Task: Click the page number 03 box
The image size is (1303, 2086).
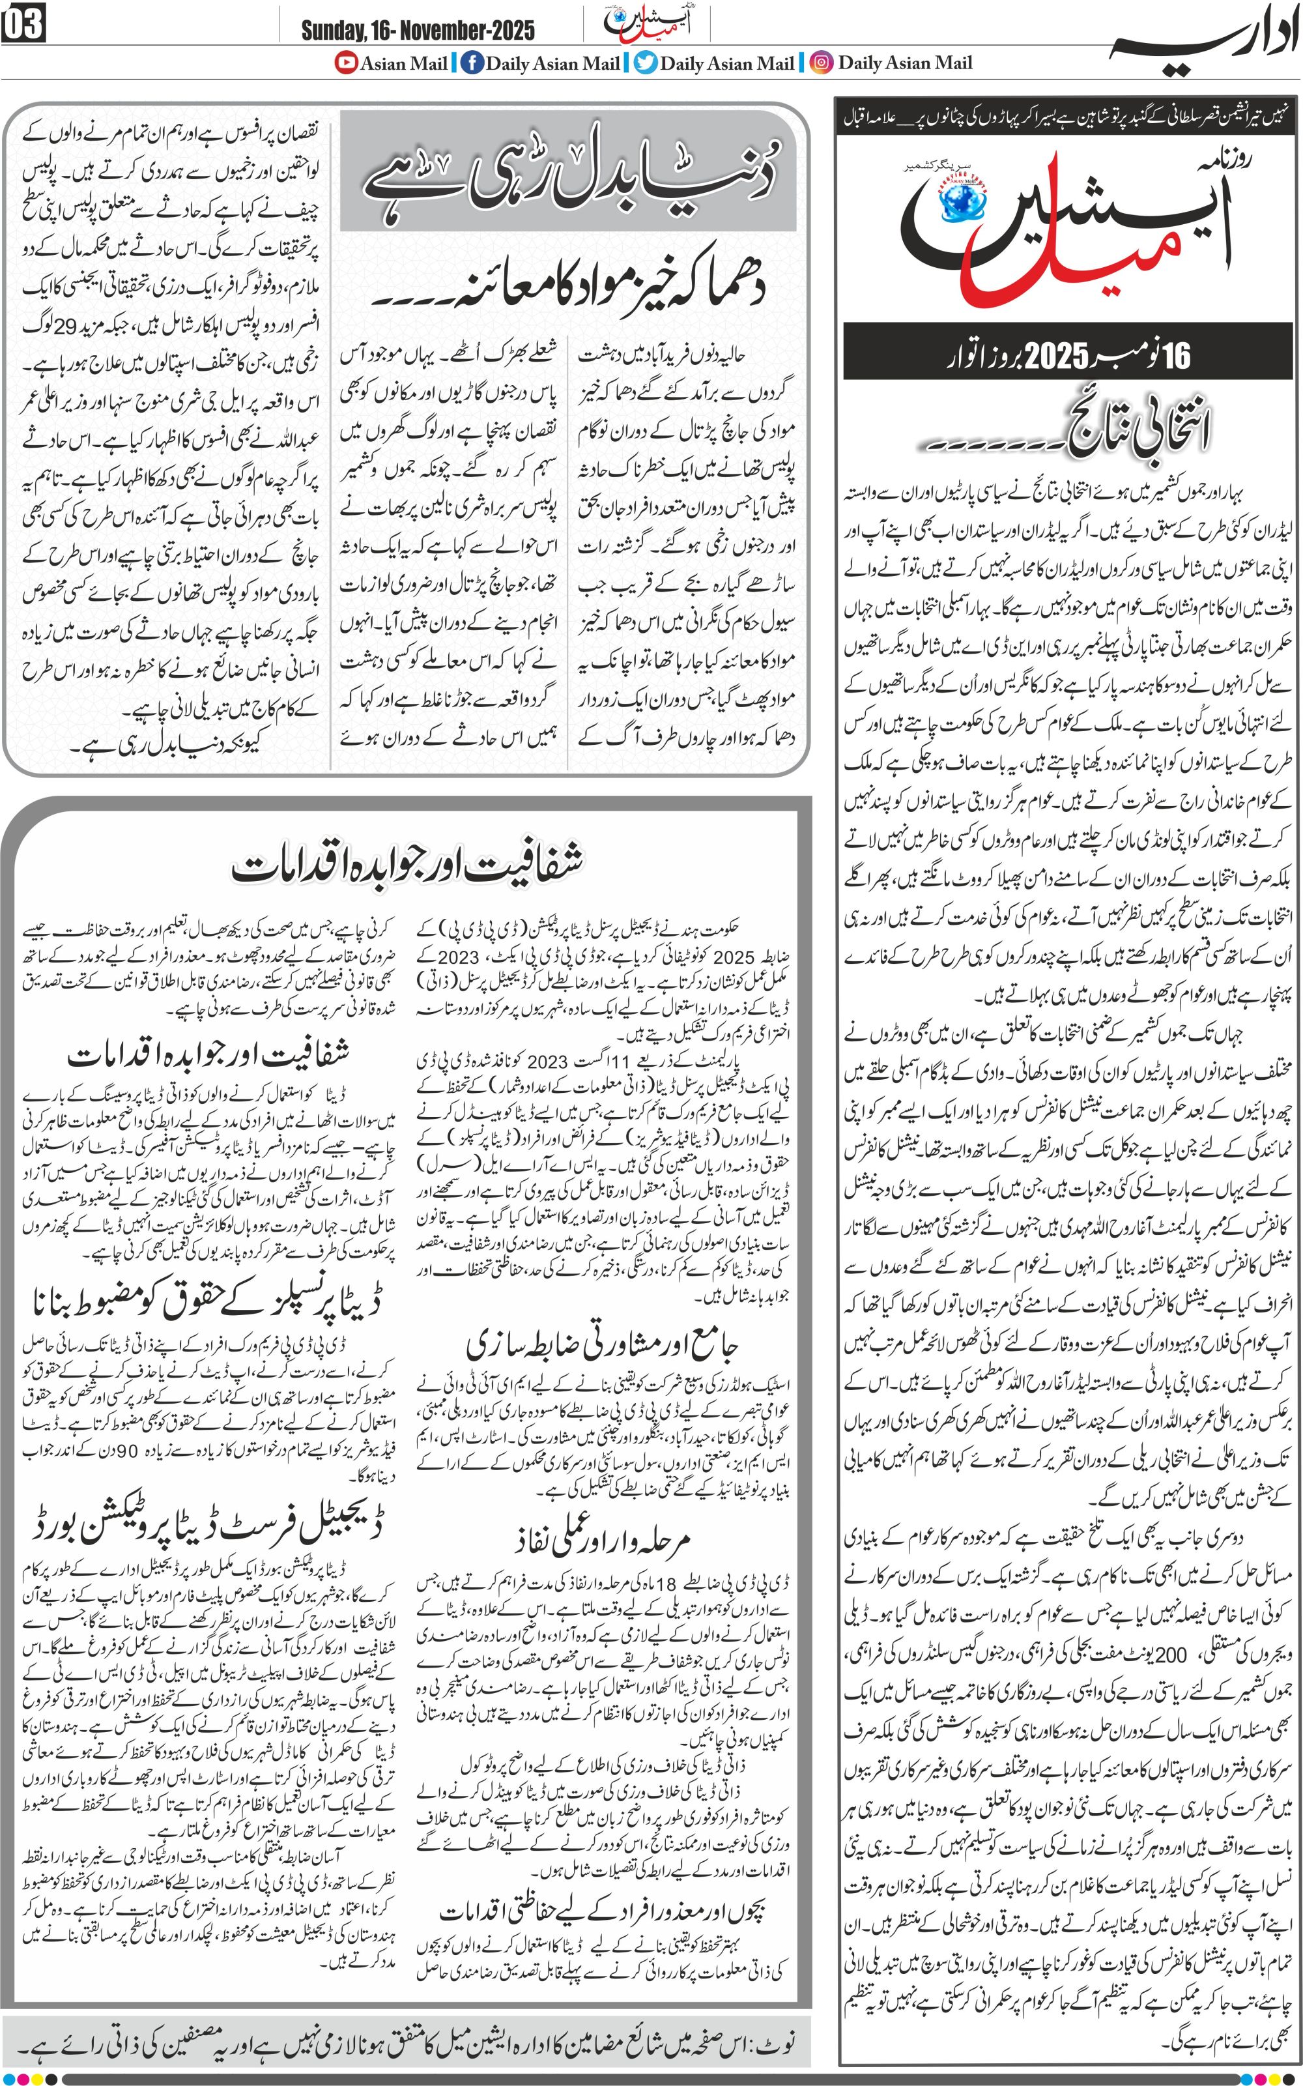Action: (23, 25)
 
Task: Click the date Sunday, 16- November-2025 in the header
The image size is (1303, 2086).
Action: (417, 31)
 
